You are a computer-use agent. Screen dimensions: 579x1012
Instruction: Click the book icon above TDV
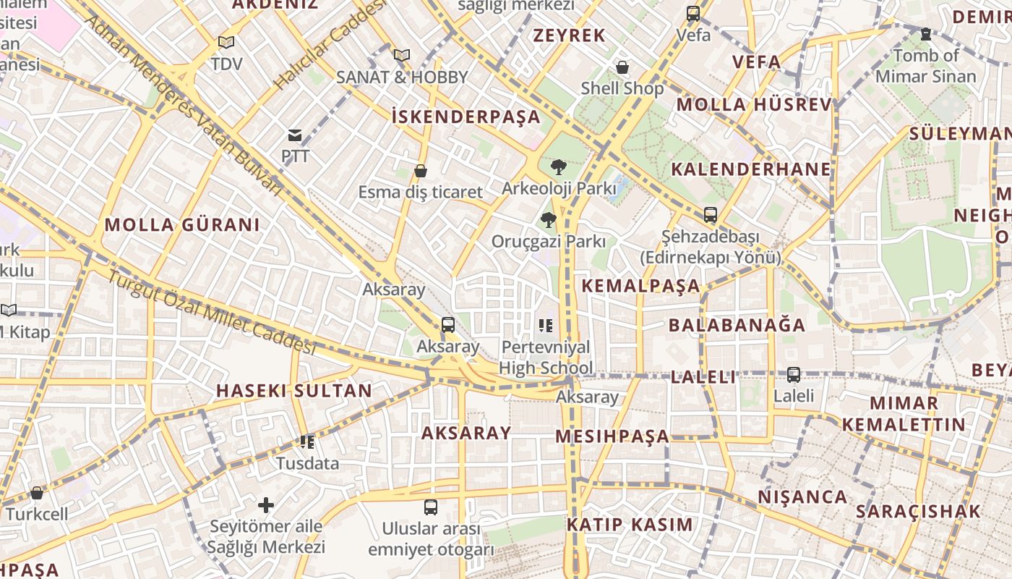pos(226,43)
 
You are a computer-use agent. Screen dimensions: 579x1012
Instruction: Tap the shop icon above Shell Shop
pos(622,68)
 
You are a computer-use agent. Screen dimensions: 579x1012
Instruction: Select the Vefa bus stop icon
pos(693,14)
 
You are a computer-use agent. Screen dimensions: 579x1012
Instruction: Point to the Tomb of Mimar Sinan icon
pos(925,34)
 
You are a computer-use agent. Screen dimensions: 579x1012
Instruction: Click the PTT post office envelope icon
pos(295,135)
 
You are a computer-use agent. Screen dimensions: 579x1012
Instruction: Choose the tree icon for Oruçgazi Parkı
pos(549,220)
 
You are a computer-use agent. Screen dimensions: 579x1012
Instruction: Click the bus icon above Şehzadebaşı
pos(711,215)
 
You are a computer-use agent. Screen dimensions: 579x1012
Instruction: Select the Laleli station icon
pos(793,375)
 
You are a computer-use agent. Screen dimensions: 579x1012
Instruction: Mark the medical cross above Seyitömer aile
pos(266,504)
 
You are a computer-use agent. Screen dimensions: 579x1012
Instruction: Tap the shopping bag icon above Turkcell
pos(37,493)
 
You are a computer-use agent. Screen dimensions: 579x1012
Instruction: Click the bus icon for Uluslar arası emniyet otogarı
pos(431,507)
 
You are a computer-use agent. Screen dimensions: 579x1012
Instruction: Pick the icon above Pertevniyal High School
pos(545,326)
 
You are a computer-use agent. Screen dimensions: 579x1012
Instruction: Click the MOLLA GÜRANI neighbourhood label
pos(182,225)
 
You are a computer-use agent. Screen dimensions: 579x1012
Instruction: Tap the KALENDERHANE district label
pos(751,169)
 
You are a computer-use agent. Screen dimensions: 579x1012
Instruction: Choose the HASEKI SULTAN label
pos(294,391)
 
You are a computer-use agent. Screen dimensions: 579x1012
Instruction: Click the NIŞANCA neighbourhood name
pos(802,497)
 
